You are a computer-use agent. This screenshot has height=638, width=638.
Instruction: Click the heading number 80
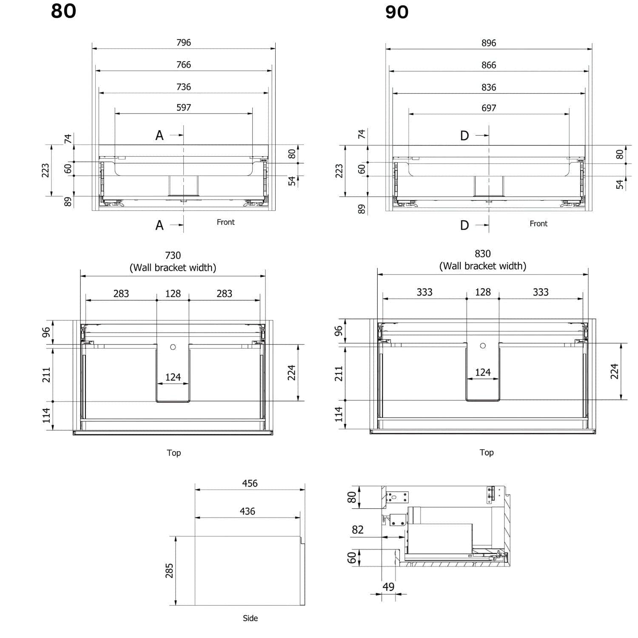click(x=63, y=11)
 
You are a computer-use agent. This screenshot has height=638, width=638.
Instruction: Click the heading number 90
click(x=397, y=12)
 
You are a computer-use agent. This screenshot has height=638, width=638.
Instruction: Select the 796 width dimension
click(x=184, y=43)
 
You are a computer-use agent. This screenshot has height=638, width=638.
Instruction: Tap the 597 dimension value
click(x=184, y=108)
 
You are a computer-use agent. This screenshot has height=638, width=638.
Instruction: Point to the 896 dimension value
click(x=489, y=43)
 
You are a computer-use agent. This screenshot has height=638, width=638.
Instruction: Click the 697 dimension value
click(x=489, y=108)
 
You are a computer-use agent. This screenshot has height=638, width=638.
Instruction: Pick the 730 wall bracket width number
click(x=173, y=255)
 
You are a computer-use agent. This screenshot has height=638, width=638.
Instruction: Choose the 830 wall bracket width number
click(x=483, y=253)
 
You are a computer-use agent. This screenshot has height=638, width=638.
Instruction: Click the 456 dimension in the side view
click(x=250, y=484)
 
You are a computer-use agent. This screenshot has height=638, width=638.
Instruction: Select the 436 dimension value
click(x=248, y=511)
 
